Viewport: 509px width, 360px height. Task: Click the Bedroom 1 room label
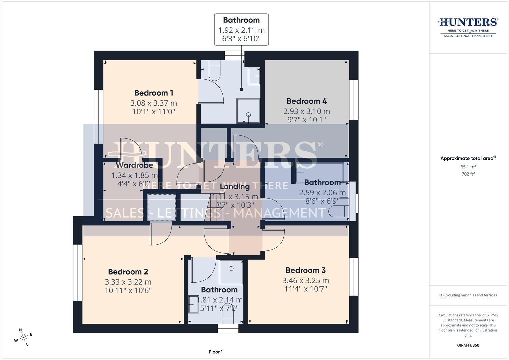pyautogui.click(x=154, y=93)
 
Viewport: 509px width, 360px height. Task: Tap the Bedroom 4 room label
pyautogui.click(x=307, y=101)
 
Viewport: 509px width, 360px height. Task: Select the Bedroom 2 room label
pyautogui.click(x=128, y=272)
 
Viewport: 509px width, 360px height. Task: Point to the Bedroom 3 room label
pyautogui.click(x=306, y=270)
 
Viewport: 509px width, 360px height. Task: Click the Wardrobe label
pyautogui.click(x=134, y=165)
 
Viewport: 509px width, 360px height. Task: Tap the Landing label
pyautogui.click(x=235, y=187)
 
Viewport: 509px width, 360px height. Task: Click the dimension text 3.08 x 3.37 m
pyautogui.click(x=154, y=103)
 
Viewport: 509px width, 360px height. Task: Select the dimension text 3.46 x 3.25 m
pyautogui.click(x=306, y=280)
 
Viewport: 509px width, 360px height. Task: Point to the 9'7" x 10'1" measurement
pyautogui.click(x=307, y=119)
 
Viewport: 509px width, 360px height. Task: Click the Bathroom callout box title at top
pyautogui.click(x=241, y=20)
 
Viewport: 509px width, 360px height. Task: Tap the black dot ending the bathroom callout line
pyautogui.click(x=242, y=89)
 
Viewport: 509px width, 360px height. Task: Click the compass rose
pyautogui.click(x=24, y=337)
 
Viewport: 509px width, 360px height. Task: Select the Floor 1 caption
pyautogui.click(x=216, y=352)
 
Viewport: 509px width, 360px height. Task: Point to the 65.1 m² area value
pyautogui.click(x=468, y=167)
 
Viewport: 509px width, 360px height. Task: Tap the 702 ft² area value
pyautogui.click(x=468, y=174)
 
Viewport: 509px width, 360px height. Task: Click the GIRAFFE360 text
pyautogui.click(x=468, y=345)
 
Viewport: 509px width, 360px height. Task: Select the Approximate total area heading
pyautogui.click(x=468, y=159)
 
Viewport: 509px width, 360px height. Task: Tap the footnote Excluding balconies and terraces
pyautogui.click(x=468, y=295)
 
